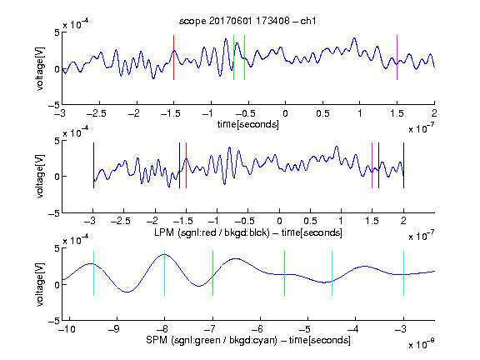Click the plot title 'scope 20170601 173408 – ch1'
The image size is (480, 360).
click(247, 21)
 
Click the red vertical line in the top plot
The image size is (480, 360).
click(174, 57)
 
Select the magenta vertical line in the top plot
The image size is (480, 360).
click(397, 57)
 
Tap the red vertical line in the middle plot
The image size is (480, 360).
click(186, 165)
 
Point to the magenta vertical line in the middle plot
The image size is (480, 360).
click(372, 165)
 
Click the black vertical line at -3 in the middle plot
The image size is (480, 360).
click(93, 165)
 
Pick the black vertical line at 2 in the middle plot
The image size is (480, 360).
click(403, 165)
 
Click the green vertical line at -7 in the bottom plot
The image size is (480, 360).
click(212, 273)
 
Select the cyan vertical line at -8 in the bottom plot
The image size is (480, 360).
click(165, 273)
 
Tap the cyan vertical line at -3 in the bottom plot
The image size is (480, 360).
click(403, 273)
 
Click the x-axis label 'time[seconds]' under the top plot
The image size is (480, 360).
click(248, 125)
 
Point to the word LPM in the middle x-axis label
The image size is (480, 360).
click(164, 232)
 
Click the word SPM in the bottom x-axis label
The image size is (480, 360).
click(157, 340)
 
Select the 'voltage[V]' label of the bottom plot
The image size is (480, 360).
click(40, 284)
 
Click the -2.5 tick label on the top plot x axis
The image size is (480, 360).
click(97, 113)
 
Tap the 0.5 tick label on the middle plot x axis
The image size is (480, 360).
click(310, 221)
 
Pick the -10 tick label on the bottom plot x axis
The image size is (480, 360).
click(67, 329)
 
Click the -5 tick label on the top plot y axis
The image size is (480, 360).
click(54, 105)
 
